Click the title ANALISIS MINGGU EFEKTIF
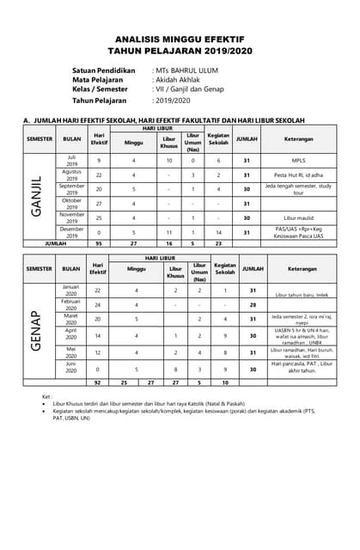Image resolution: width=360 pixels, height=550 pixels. click(180, 40)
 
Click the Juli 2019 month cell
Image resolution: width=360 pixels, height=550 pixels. click(72, 160)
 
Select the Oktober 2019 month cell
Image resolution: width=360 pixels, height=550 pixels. click(72, 204)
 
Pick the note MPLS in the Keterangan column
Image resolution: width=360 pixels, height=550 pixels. click(299, 160)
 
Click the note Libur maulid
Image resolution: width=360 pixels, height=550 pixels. click(299, 218)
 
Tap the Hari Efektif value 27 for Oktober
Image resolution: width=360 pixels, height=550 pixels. click(99, 204)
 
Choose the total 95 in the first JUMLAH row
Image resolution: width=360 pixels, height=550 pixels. click(99, 244)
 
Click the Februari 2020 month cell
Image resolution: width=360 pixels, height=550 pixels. click(72, 304)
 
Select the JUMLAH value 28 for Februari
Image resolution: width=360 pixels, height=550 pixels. click(253, 304)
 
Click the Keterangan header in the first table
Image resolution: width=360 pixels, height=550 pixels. click(299, 138)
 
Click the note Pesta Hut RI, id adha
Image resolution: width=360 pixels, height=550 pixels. click(299, 174)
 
